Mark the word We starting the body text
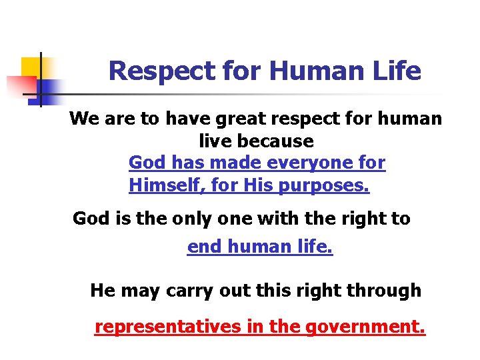[x=83, y=119]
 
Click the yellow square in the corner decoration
[x=30, y=67]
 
